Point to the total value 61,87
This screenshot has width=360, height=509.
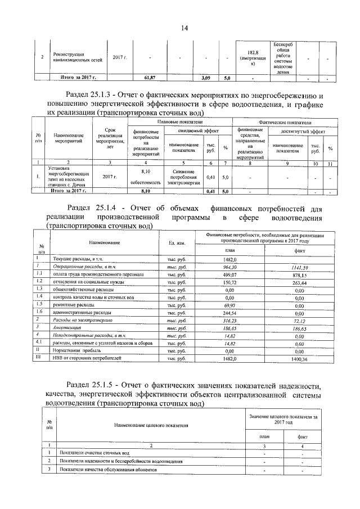click(149, 77)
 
